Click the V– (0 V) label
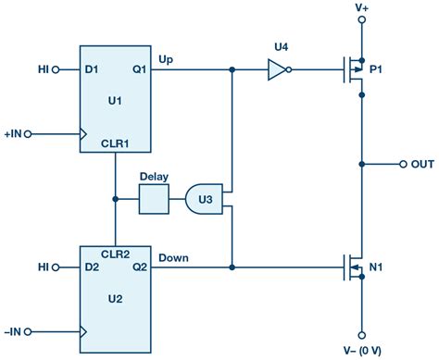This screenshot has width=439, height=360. tap(361, 352)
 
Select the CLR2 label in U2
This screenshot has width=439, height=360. tap(116, 252)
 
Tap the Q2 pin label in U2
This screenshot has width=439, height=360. tap(138, 267)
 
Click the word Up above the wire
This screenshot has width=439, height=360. tap(167, 58)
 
